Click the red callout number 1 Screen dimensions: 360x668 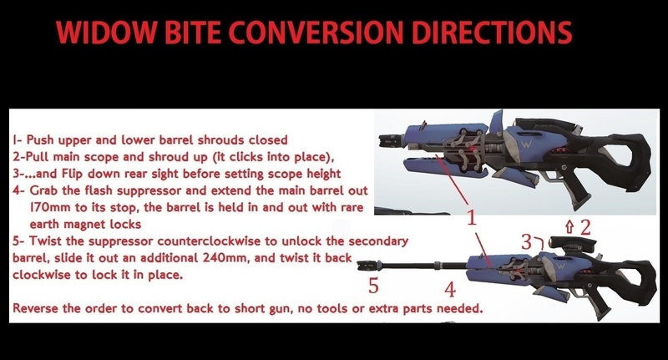[471, 219]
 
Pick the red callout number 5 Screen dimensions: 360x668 [372, 286]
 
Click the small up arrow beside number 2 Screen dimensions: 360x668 [570, 226]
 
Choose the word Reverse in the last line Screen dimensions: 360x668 [38, 309]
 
